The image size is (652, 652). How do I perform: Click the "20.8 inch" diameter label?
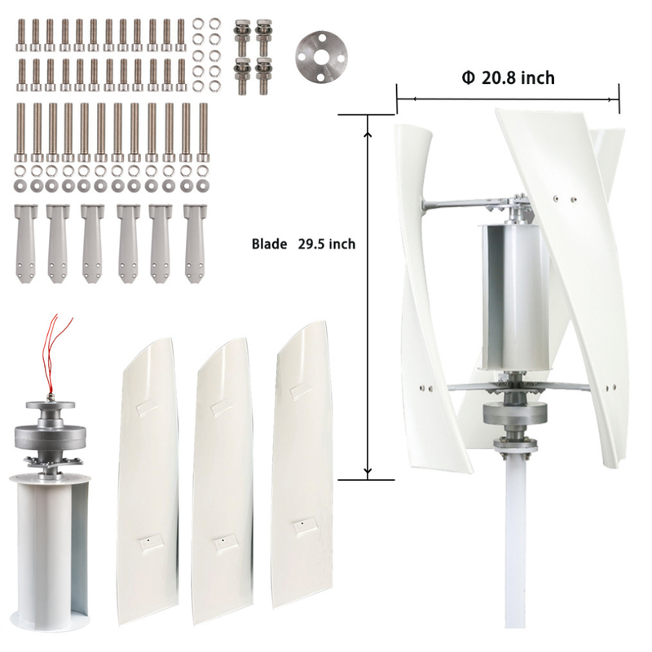coord(518,77)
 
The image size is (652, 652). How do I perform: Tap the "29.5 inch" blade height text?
coord(327,244)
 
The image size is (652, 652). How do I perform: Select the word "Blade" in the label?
coord(269,244)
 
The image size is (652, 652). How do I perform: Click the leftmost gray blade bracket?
coord(25,243)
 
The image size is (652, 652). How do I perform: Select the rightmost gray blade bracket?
coord(195,243)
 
